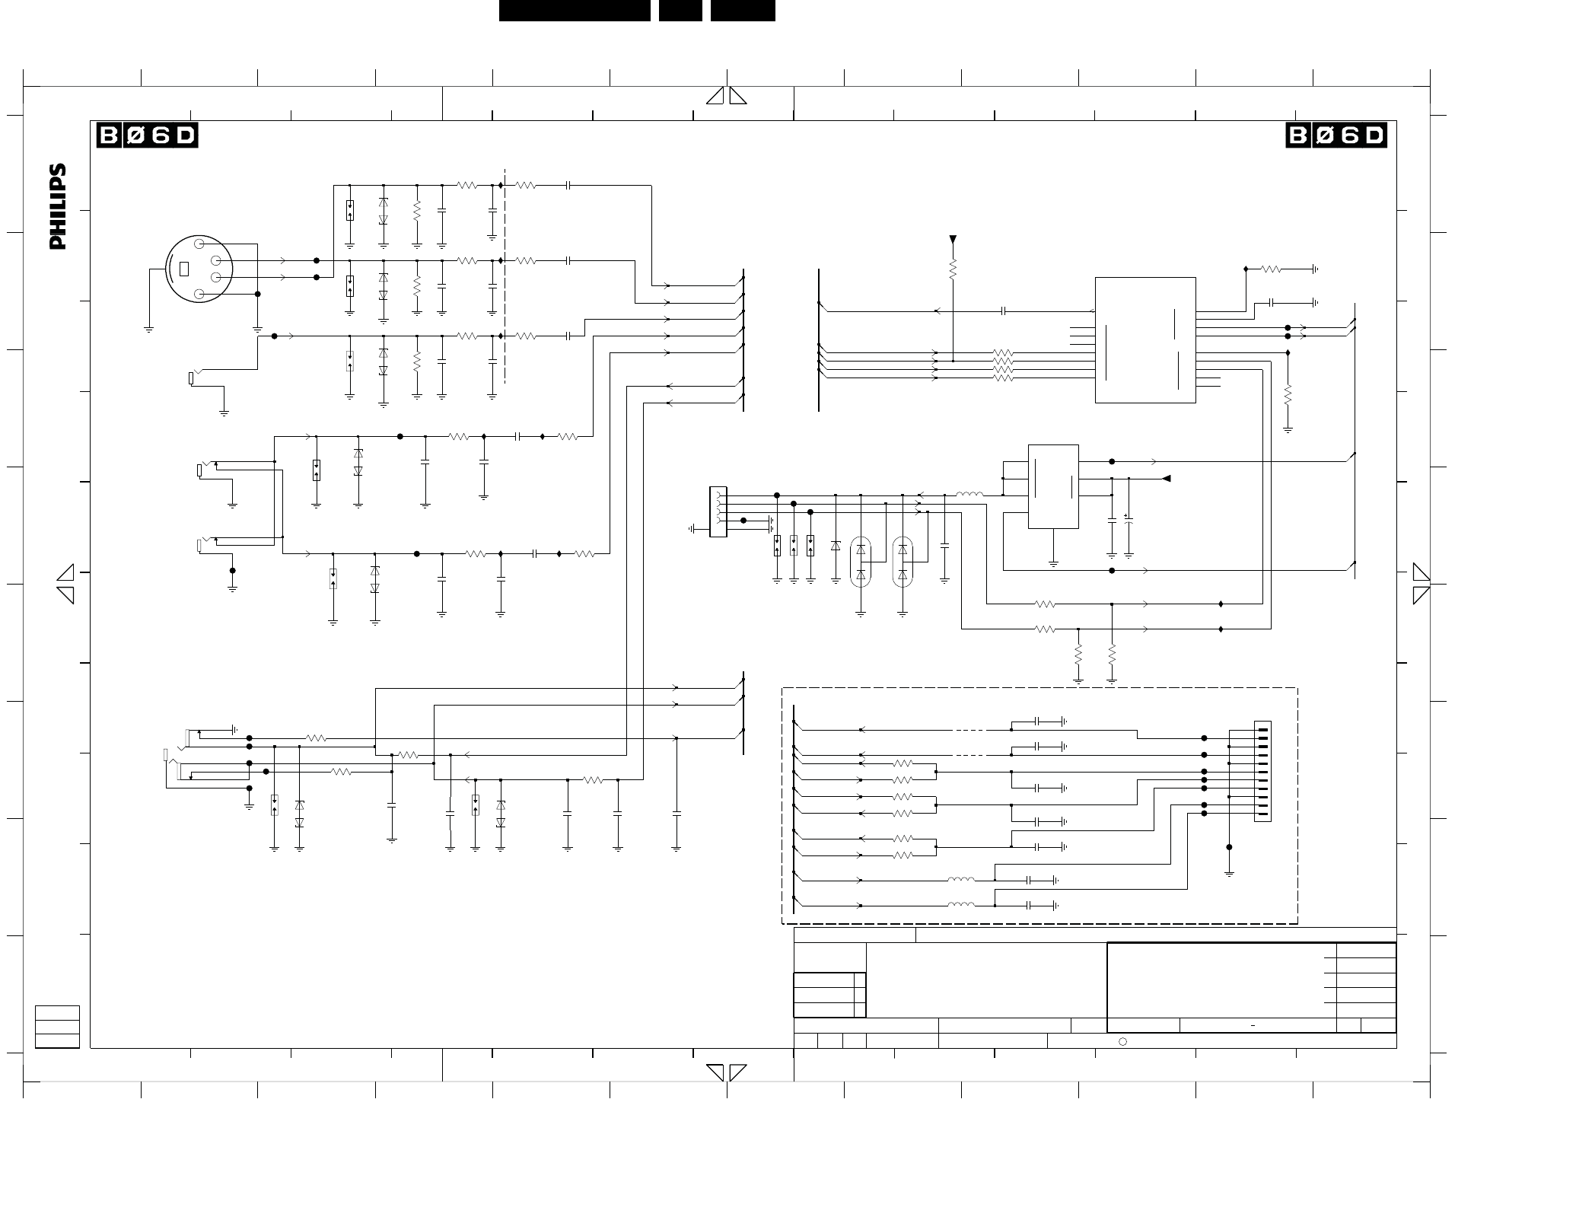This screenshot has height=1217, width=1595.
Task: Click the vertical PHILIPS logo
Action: tap(58, 206)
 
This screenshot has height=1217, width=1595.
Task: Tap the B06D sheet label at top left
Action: tap(147, 135)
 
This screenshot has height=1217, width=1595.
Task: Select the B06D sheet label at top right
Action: tap(1336, 135)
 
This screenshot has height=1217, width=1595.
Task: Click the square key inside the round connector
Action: tap(183, 269)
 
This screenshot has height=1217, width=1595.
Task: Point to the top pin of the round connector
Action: tap(199, 244)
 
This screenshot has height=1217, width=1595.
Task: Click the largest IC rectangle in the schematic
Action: tap(1145, 339)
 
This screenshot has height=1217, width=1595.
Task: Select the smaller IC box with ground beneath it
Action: tap(1052, 486)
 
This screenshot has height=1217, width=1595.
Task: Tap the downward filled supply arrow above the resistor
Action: tap(953, 241)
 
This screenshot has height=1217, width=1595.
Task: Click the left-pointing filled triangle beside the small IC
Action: tap(1166, 479)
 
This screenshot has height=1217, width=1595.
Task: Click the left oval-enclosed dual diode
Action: tap(861, 562)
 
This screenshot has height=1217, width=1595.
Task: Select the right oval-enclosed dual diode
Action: tap(903, 562)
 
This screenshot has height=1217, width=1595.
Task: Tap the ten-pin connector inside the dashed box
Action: tap(1262, 771)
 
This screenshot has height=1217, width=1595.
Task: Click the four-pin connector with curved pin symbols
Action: tap(718, 511)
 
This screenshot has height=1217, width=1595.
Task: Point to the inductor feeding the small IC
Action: tap(969, 495)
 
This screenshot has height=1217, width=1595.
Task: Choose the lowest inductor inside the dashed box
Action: tap(961, 905)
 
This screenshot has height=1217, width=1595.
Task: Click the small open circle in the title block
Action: tap(1122, 1041)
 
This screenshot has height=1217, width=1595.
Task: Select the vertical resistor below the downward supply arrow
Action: tap(953, 268)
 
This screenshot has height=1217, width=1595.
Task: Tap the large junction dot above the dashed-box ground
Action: tap(1229, 847)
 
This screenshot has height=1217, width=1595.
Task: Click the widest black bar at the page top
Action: tap(575, 11)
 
